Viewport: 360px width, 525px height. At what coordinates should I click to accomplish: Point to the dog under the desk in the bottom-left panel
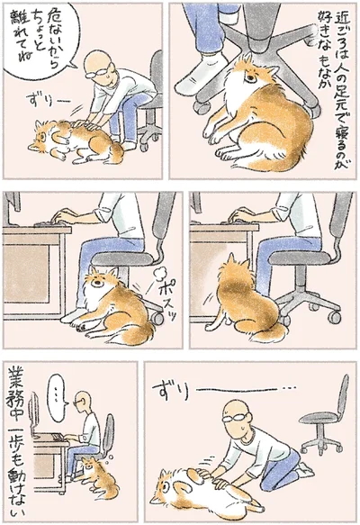pos(94,472)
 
